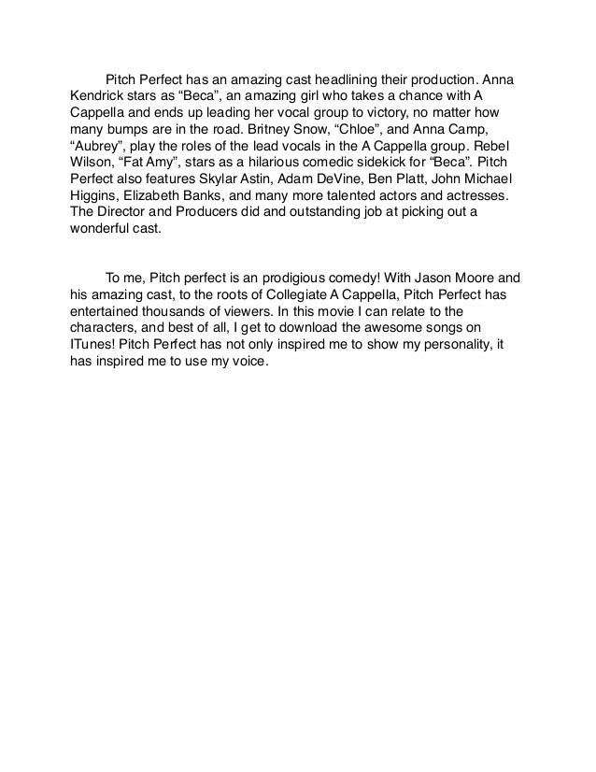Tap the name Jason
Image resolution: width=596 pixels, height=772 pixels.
pyautogui.click(x=429, y=278)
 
